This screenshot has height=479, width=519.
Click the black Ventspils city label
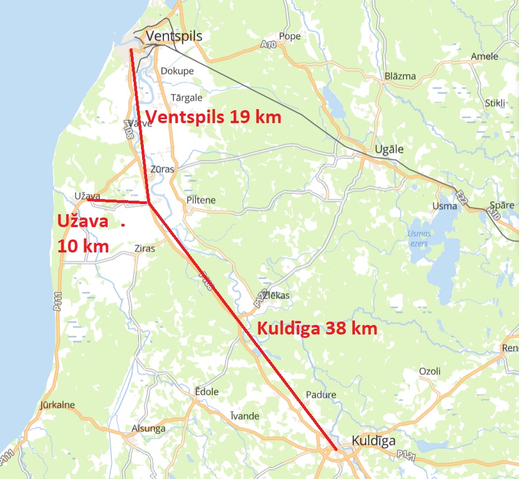point(174,37)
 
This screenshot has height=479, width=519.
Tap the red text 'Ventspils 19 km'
point(213,118)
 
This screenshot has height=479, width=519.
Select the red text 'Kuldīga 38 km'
point(316,329)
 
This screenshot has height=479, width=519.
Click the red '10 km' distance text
point(83,246)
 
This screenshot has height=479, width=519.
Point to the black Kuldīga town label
point(374,441)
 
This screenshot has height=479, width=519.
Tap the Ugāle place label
point(389,150)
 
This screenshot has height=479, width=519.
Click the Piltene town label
point(201,200)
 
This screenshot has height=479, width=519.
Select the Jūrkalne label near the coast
point(57,405)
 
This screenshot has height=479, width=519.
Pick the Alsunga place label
point(148,428)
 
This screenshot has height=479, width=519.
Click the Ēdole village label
point(206,392)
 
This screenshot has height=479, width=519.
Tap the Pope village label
point(290,37)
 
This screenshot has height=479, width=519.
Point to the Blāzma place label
point(400,76)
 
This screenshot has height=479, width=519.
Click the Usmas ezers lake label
point(420,238)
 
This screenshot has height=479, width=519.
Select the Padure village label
point(321,395)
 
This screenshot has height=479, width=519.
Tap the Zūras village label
point(163,169)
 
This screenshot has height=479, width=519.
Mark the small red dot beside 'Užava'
point(123,224)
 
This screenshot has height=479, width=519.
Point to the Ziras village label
point(144,248)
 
